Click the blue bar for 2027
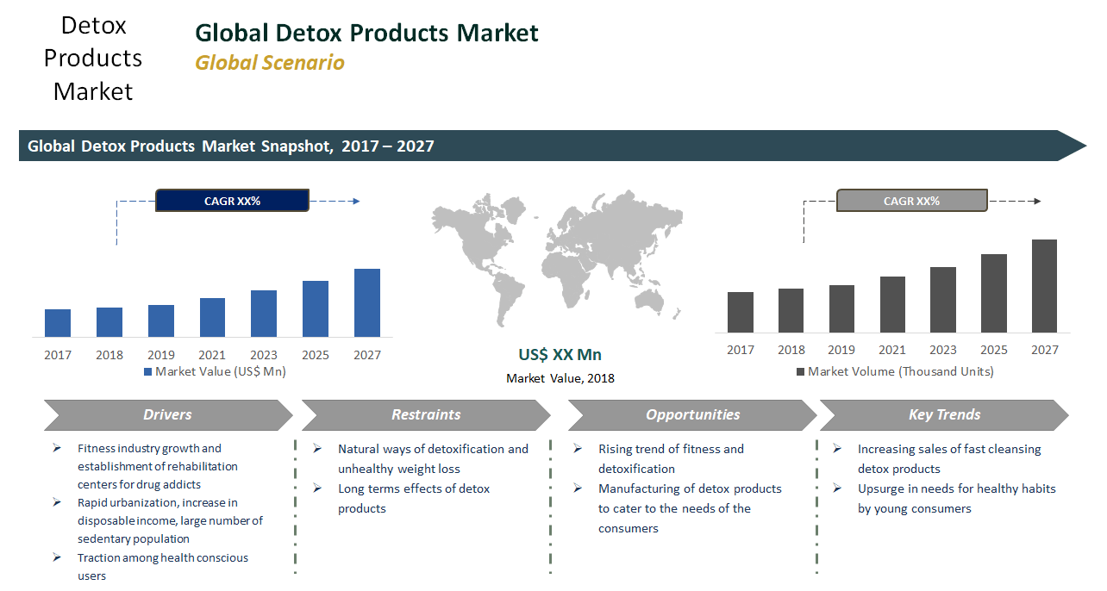366,302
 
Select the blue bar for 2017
58,322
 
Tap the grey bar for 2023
942,299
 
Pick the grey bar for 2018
791,310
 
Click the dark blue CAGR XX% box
232,201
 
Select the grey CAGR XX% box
911,201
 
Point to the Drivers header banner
167,415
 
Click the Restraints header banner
426,415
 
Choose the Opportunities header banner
692,415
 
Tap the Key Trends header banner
944,415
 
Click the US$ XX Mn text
560,355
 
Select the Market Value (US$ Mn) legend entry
215,372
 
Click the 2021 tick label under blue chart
212,355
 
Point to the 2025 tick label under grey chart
993,350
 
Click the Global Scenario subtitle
269,63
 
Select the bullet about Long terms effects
413,499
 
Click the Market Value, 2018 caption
560,378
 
